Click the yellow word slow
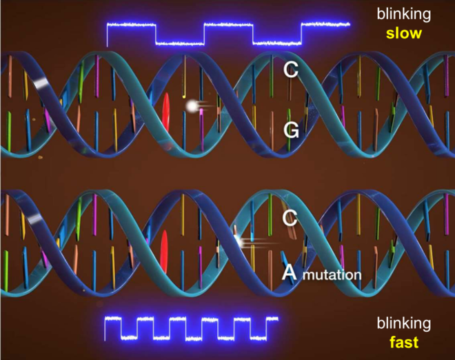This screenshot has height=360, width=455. click(404, 33)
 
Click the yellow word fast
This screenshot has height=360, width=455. click(404, 342)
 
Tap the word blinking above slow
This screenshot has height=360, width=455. click(403, 14)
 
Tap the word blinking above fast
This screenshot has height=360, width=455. click(403, 323)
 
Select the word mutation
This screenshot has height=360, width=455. click(332, 274)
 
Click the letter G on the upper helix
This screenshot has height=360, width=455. click(291, 130)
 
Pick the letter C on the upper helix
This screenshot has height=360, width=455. click(291, 70)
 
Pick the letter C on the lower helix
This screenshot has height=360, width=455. click(290, 218)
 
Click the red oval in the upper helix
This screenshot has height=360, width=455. click(165, 112)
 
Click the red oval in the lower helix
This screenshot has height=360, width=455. click(164, 252)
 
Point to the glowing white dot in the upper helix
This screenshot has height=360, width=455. click(192, 106)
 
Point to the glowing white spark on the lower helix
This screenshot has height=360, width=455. click(240, 241)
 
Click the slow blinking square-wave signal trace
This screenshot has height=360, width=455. click(228, 34)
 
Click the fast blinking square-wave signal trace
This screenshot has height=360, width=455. click(191, 329)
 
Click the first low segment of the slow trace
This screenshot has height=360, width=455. click(180, 44)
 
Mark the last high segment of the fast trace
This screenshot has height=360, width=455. click(272, 319)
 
